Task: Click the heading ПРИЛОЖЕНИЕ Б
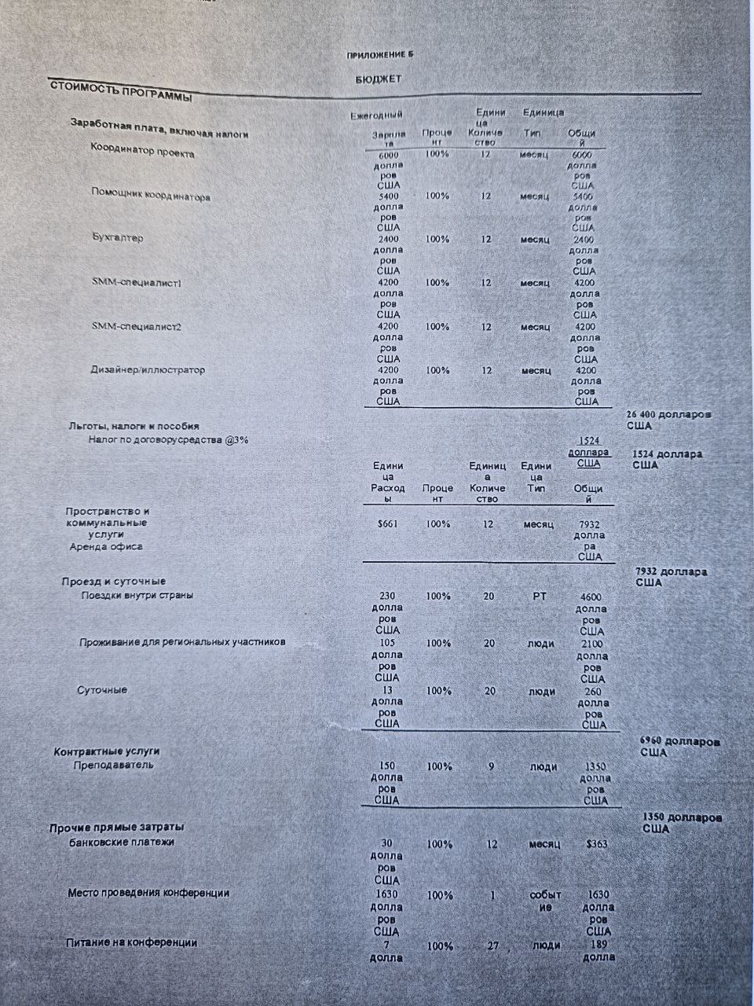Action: tap(379, 54)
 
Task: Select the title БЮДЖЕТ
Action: tap(378, 79)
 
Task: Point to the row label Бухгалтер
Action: tap(117, 237)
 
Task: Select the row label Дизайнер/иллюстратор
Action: tap(148, 369)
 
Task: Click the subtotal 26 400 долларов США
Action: tap(668, 420)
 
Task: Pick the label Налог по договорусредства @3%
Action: tap(168, 440)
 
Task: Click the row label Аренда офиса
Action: tap(106, 546)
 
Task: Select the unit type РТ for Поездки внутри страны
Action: tap(539, 597)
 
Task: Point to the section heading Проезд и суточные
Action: tap(113, 581)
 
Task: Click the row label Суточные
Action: tap(102, 690)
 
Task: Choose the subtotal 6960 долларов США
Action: tap(680, 747)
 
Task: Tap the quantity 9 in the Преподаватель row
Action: tap(491, 766)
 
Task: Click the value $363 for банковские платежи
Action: tap(598, 844)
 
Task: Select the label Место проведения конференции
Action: tap(148, 893)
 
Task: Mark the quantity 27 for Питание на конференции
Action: tap(492, 945)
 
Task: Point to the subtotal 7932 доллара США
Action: tap(671, 577)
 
